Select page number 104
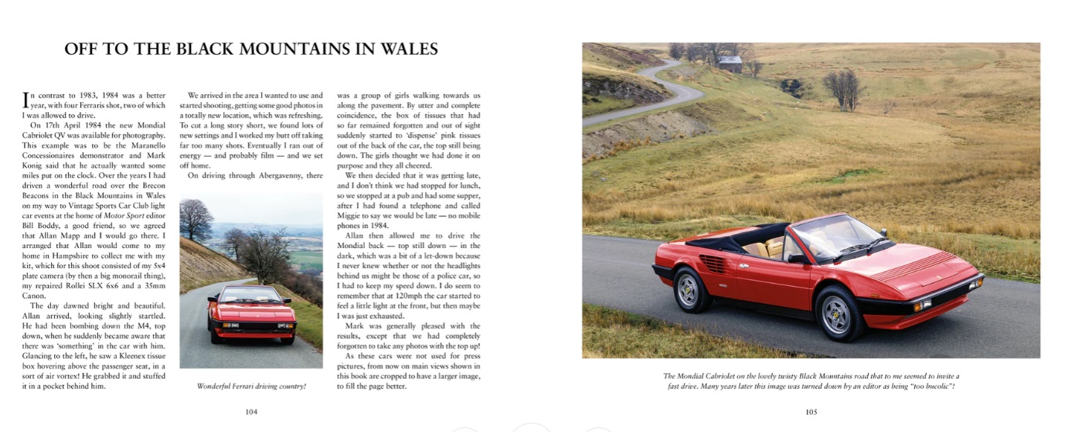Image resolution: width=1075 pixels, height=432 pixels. coord(251,412)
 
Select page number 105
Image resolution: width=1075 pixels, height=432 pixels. coord(811,412)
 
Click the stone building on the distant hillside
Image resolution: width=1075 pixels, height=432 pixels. coord(730,64)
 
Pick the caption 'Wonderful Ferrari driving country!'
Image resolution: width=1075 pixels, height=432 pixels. coord(251,386)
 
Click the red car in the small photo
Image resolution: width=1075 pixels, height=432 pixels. coord(251,314)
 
